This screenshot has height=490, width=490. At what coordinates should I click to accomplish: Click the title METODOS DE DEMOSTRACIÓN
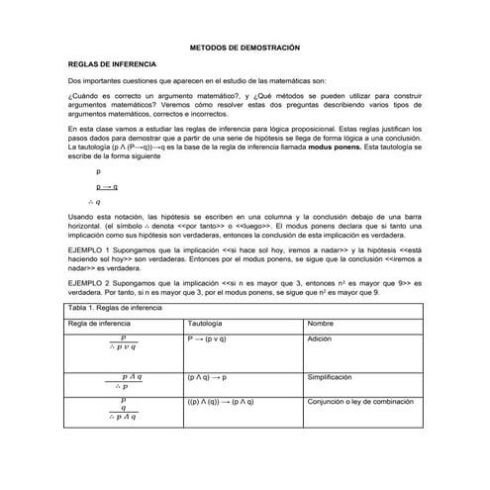[x=244, y=48]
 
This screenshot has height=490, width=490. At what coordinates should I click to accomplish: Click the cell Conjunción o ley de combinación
[x=362, y=402]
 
